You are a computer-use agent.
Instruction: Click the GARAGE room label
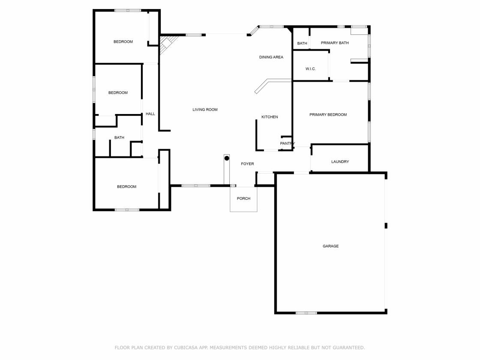330,246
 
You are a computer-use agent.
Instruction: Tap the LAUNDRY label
340,162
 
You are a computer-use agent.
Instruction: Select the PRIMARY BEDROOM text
328,115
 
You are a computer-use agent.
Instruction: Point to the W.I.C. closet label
310,69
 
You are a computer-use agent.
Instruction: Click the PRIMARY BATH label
335,43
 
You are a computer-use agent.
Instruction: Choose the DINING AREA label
271,57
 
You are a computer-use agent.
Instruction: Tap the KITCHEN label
270,117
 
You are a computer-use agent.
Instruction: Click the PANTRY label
288,144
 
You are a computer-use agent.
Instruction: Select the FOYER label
247,164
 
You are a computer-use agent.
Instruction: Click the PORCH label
244,199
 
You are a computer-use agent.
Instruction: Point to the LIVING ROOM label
205,110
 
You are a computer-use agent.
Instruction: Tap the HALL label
150,114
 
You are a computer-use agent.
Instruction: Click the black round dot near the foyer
227,158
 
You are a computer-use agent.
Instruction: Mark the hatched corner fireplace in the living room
167,44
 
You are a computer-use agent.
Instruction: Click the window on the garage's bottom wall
306,313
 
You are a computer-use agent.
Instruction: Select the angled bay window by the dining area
253,31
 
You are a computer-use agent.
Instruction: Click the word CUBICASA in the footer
186,348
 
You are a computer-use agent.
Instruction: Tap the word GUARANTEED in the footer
348,348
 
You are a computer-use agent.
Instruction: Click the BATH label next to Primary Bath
302,43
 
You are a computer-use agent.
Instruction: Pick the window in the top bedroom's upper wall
128,11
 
